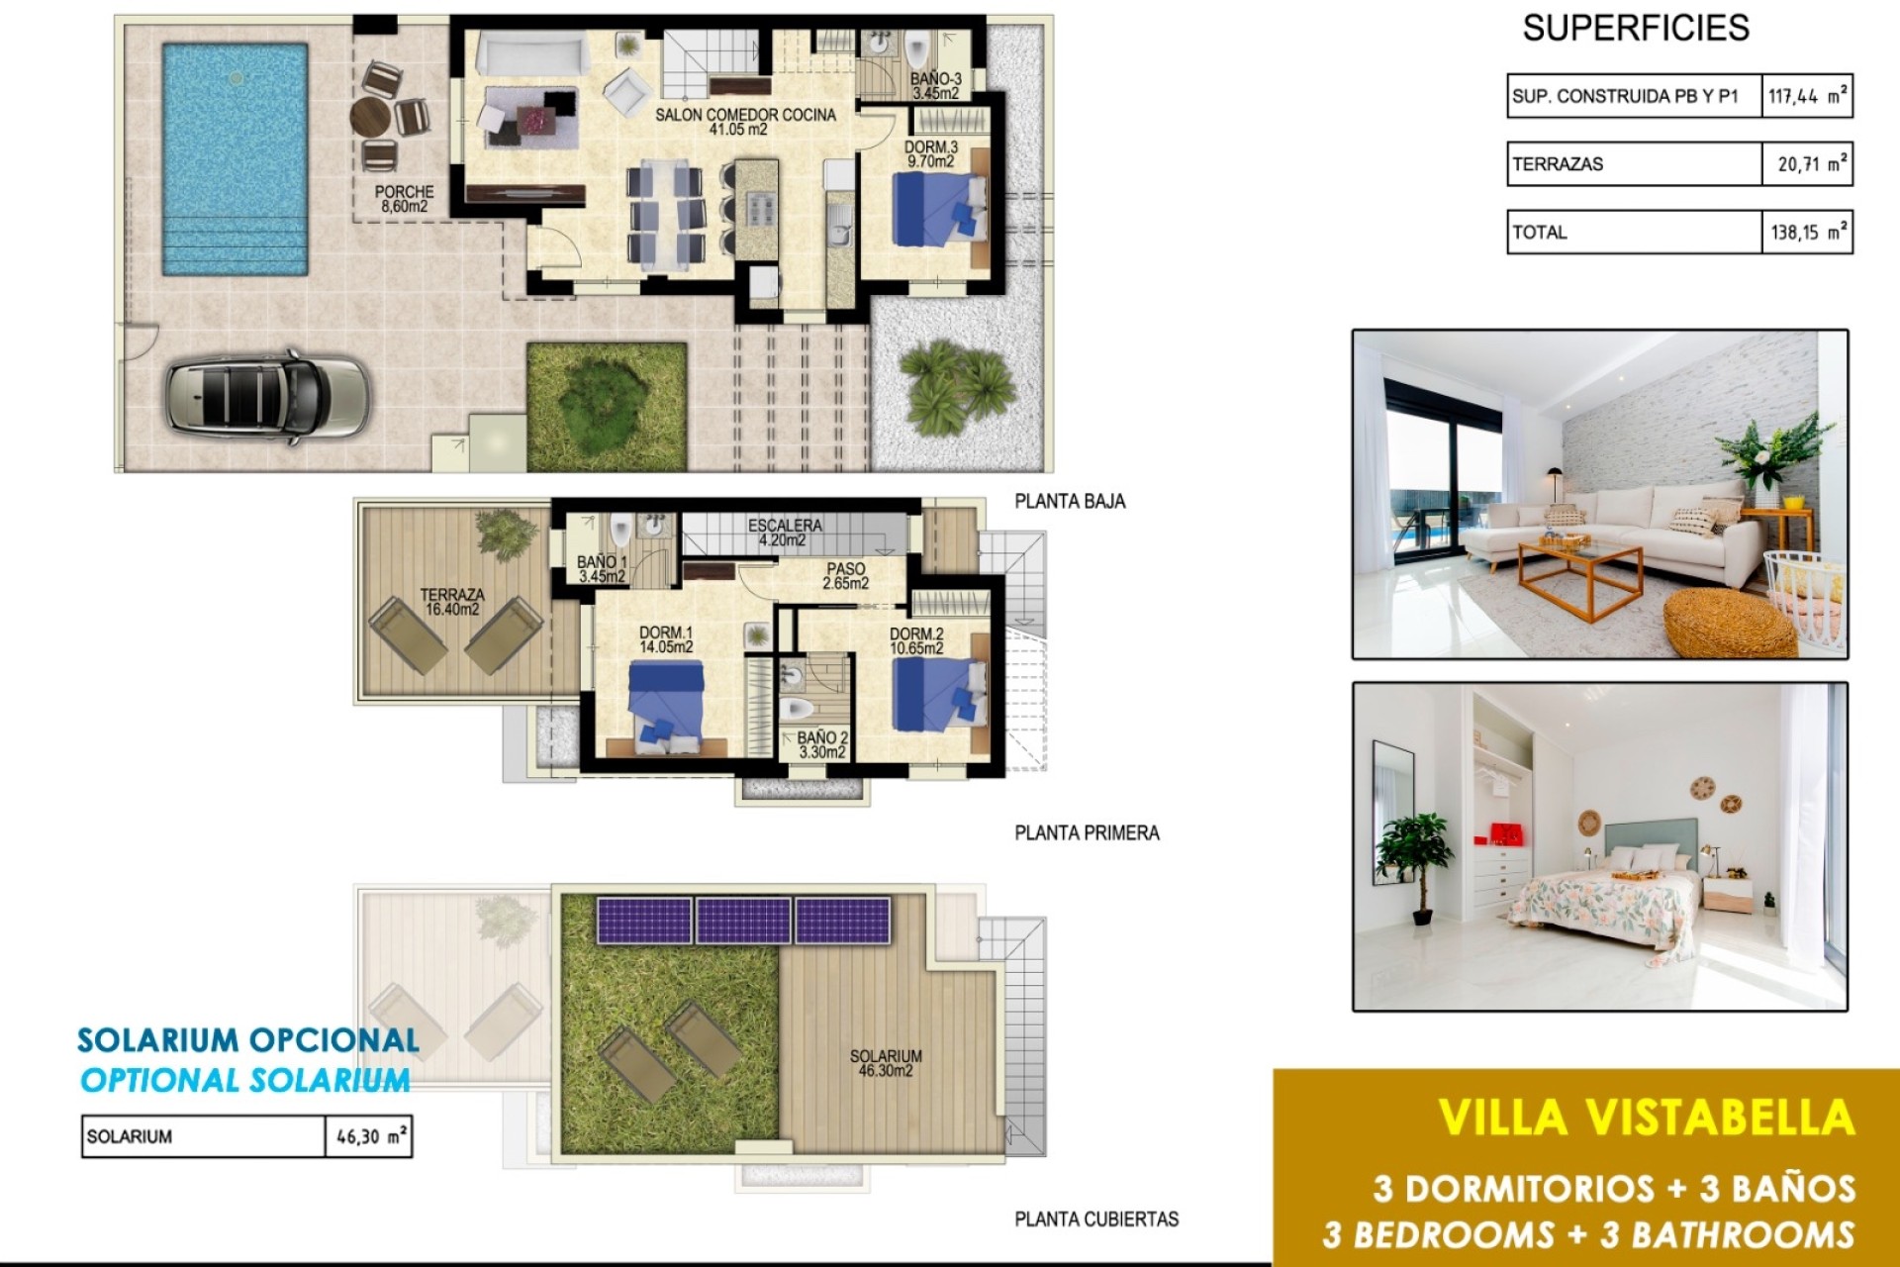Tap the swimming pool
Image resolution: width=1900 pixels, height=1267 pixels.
click(235, 158)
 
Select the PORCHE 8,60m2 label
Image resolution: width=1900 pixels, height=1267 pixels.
click(404, 199)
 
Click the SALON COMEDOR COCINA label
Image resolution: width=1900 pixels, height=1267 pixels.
click(744, 122)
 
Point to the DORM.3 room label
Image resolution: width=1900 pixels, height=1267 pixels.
click(930, 154)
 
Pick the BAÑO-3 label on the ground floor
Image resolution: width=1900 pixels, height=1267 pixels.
click(935, 86)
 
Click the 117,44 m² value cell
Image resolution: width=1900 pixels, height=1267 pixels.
click(1806, 96)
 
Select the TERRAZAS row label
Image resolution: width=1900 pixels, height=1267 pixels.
click(1558, 164)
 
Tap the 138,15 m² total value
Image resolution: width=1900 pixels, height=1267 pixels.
click(1806, 233)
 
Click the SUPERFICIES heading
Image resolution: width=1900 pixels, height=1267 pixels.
click(1635, 28)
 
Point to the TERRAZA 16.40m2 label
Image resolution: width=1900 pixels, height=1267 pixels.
click(452, 602)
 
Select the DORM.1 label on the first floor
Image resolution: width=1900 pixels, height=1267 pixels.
click(666, 639)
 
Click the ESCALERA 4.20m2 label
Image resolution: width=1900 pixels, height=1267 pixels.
click(784, 533)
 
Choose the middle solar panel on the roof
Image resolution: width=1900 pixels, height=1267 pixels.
click(743, 920)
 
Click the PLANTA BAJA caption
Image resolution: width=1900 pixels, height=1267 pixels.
click(1070, 502)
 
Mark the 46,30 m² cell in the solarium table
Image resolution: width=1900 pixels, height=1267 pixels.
click(368, 1136)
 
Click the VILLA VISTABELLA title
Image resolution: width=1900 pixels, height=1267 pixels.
click(1646, 1118)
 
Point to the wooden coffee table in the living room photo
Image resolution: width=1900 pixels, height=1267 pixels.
click(1581, 578)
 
